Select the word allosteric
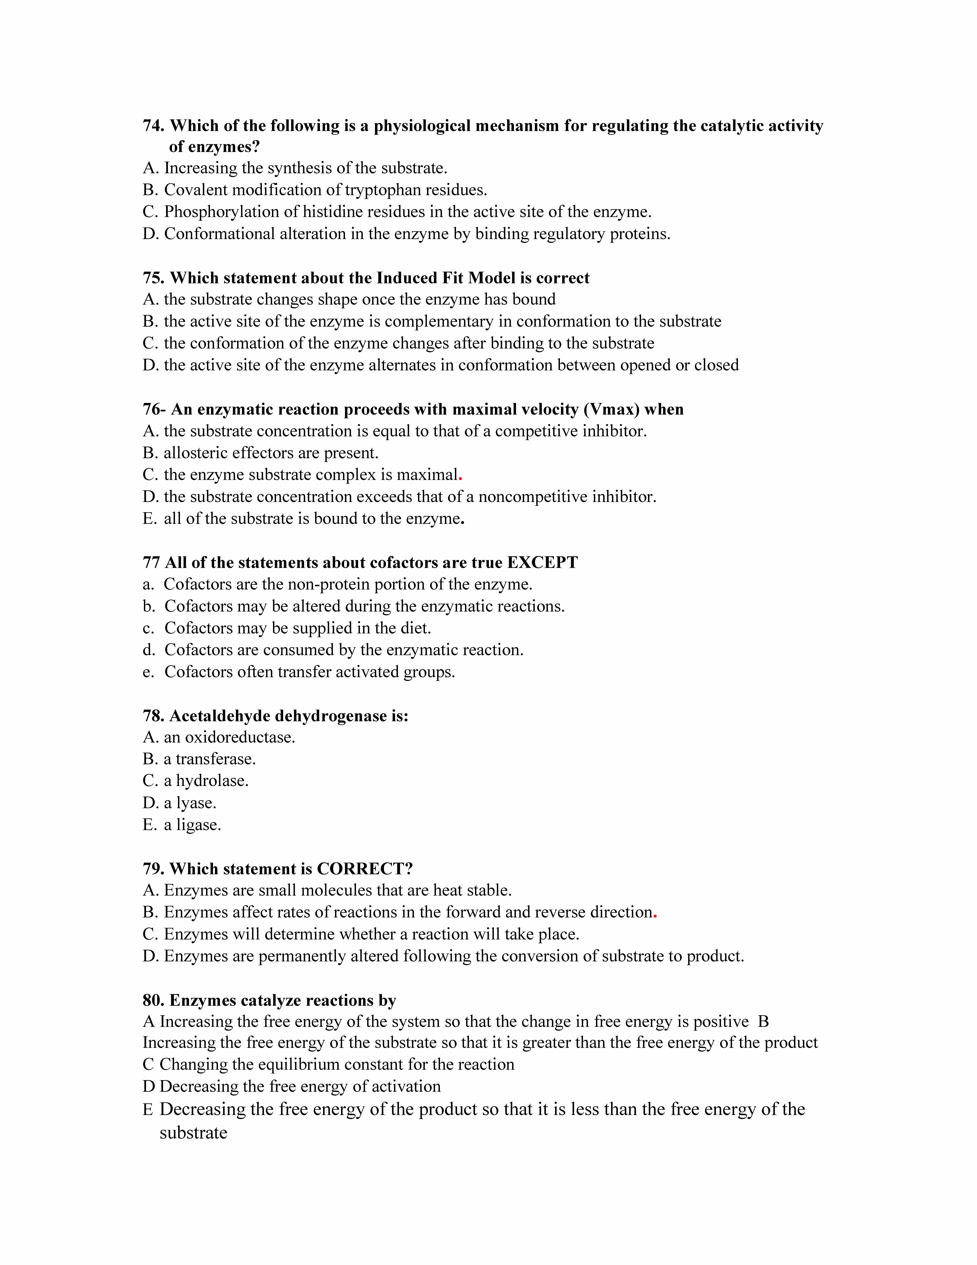click(196, 453)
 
